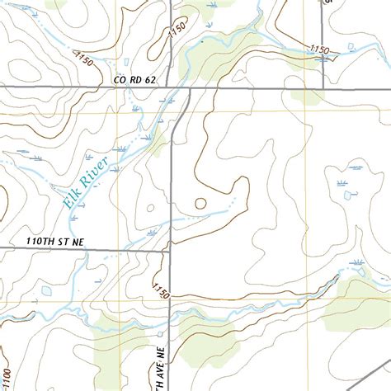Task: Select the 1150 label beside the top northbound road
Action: (x=176, y=31)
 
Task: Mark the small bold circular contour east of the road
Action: (x=200, y=203)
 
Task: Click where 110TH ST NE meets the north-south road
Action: (x=170, y=247)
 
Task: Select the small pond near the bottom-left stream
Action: (x=46, y=291)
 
